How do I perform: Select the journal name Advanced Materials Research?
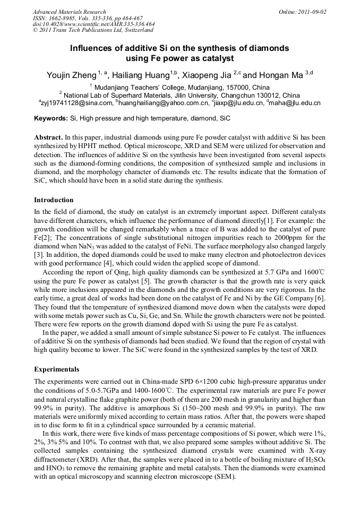tap(69, 12)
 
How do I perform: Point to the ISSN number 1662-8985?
tap(62, 18)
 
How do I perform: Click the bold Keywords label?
tap(51, 118)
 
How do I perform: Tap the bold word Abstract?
tap(49, 137)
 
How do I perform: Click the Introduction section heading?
tap(54, 200)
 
